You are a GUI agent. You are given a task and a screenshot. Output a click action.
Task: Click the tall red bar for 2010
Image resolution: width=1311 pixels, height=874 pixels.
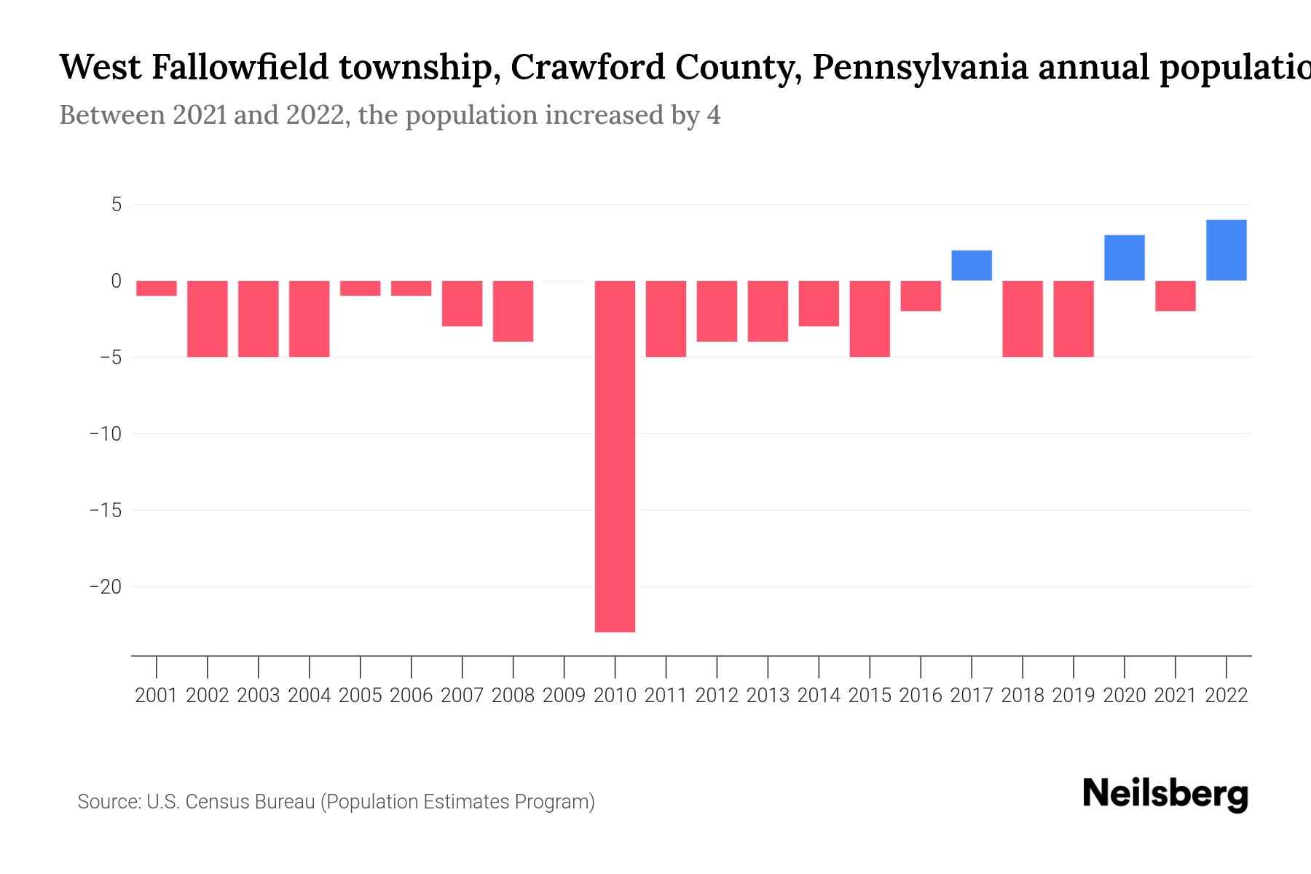click(615, 456)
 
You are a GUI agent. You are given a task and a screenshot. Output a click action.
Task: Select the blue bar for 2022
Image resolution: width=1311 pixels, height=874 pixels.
click(1226, 250)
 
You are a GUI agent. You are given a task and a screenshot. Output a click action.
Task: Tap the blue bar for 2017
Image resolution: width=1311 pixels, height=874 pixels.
click(971, 265)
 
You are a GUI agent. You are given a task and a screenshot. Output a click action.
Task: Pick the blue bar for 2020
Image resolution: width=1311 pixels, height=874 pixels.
click(1124, 258)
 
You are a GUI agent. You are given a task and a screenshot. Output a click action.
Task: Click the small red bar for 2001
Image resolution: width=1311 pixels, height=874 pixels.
click(157, 288)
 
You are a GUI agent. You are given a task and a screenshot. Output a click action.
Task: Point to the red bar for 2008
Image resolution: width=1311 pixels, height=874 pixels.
click(513, 311)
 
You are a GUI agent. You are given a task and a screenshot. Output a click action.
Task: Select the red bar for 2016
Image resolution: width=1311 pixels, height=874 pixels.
click(921, 296)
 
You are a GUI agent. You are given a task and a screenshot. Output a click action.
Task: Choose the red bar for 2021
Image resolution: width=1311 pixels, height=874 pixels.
click(1175, 296)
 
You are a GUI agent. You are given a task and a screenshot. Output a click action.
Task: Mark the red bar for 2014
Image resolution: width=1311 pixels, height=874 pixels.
click(819, 304)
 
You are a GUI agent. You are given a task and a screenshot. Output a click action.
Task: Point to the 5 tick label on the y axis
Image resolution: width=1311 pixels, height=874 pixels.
click(117, 205)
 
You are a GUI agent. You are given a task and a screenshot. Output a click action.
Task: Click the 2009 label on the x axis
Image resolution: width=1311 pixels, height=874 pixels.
click(564, 696)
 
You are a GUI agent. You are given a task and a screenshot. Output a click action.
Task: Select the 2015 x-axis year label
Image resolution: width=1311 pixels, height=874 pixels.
click(870, 696)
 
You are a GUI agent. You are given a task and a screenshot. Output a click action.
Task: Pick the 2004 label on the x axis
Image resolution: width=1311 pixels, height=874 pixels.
click(310, 696)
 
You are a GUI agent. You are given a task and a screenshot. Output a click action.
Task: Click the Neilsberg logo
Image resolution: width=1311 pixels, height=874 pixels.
click(1165, 794)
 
